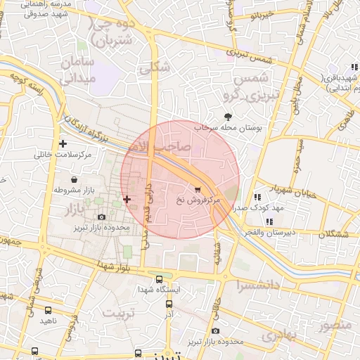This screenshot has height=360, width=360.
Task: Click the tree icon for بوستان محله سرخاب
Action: click(228, 117)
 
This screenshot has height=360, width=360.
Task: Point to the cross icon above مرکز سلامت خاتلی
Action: click(63, 143)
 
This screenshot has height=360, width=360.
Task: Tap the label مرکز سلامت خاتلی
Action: click(63, 154)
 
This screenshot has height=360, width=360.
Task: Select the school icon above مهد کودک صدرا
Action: click(258, 197)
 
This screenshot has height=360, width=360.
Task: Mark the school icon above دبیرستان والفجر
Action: click(258, 219)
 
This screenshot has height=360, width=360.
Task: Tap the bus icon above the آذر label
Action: click(169, 304)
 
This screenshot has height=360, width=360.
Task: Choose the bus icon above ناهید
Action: click(48, 309)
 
